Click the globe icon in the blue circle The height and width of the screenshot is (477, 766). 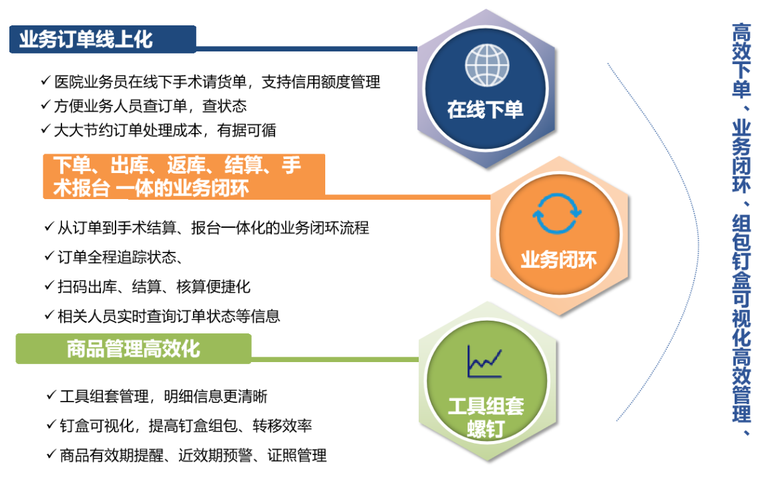click(x=487, y=65)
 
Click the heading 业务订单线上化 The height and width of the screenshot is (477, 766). click(x=86, y=39)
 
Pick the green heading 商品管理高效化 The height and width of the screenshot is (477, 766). click(x=134, y=349)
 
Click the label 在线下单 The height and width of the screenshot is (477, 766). click(x=485, y=110)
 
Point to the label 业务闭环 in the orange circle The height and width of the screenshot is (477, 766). click(x=558, y=259)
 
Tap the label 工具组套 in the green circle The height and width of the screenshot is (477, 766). click(x=486, y=406)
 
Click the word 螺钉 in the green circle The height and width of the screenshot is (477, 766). click(x=486, y=429)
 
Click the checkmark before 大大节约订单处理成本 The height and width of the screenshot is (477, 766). click(x=45, y=129)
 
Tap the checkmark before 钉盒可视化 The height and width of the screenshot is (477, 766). click(x=51, y=425)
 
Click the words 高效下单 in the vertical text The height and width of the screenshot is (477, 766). click(x=741, y=59)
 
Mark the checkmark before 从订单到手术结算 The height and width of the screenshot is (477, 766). click(x=49, y=226)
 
